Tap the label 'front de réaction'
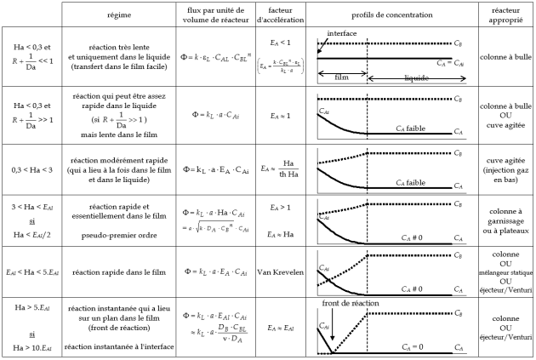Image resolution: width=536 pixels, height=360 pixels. pyautogui.click(x=351, y=302)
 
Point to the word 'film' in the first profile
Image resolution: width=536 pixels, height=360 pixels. pyautogui.click(x=342, y=77)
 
